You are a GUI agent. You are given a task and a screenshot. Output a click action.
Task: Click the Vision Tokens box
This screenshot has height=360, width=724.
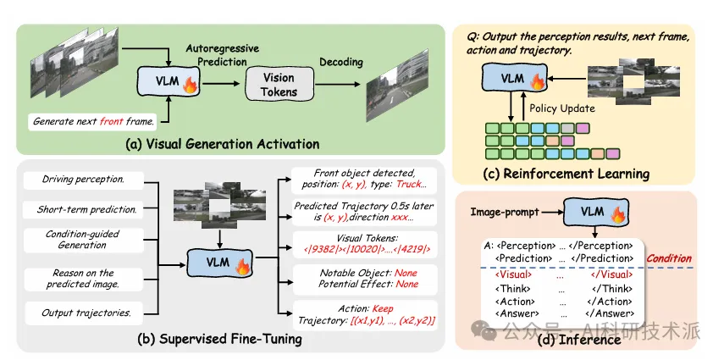click(279, 84)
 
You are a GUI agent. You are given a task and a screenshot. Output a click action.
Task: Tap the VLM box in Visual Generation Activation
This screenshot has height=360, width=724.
click(169, 80)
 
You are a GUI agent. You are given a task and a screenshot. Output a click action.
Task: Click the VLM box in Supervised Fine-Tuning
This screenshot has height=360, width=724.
click(219, 263)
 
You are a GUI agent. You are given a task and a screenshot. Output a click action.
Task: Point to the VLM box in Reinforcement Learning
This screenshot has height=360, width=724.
click(514, 77)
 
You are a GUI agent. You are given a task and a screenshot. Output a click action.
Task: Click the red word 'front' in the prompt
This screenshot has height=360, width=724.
click(111, 122)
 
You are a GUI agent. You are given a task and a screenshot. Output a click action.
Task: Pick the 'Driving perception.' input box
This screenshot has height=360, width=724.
click(84, 179)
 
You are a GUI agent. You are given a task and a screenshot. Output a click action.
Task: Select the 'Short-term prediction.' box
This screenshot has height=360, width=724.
click(84, 209)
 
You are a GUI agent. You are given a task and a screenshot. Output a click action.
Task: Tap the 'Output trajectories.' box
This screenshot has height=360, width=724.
click(84, 313)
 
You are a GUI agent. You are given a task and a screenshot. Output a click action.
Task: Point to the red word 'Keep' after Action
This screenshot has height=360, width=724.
click(383, 308)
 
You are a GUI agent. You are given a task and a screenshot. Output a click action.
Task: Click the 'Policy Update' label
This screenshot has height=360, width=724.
click(562, 109)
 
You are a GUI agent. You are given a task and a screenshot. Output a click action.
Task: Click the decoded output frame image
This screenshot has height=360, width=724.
click(397, 87)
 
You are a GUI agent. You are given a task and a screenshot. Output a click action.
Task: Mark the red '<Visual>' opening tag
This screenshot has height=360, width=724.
click(513, 274)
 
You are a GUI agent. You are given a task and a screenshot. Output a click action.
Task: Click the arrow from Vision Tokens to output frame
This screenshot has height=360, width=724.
click(337, 84)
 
